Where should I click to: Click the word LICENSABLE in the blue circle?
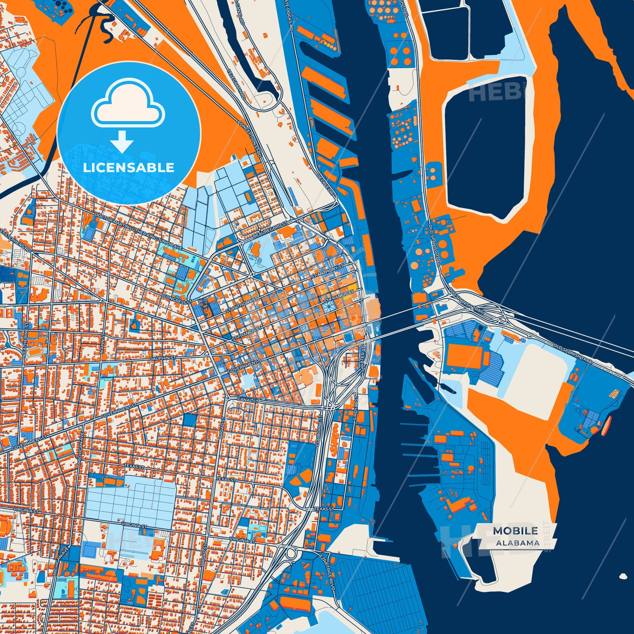pos(129,168)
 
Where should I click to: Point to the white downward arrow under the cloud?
pos(122,142)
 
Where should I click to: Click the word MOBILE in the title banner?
pos(515,531)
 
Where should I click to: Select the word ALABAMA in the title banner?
pos(518,543)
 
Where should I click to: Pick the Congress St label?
pos(177,299)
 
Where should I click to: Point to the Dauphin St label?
pos(162,358)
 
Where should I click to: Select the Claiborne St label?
pos(319,432)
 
